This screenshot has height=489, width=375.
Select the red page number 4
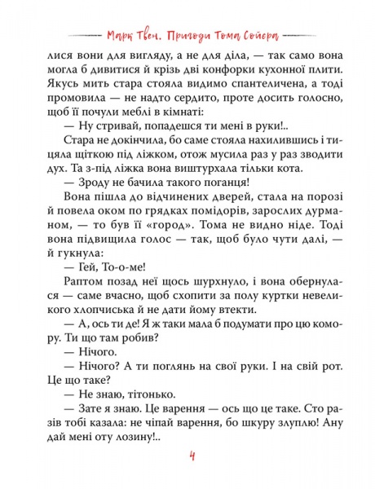coord(188,455)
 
